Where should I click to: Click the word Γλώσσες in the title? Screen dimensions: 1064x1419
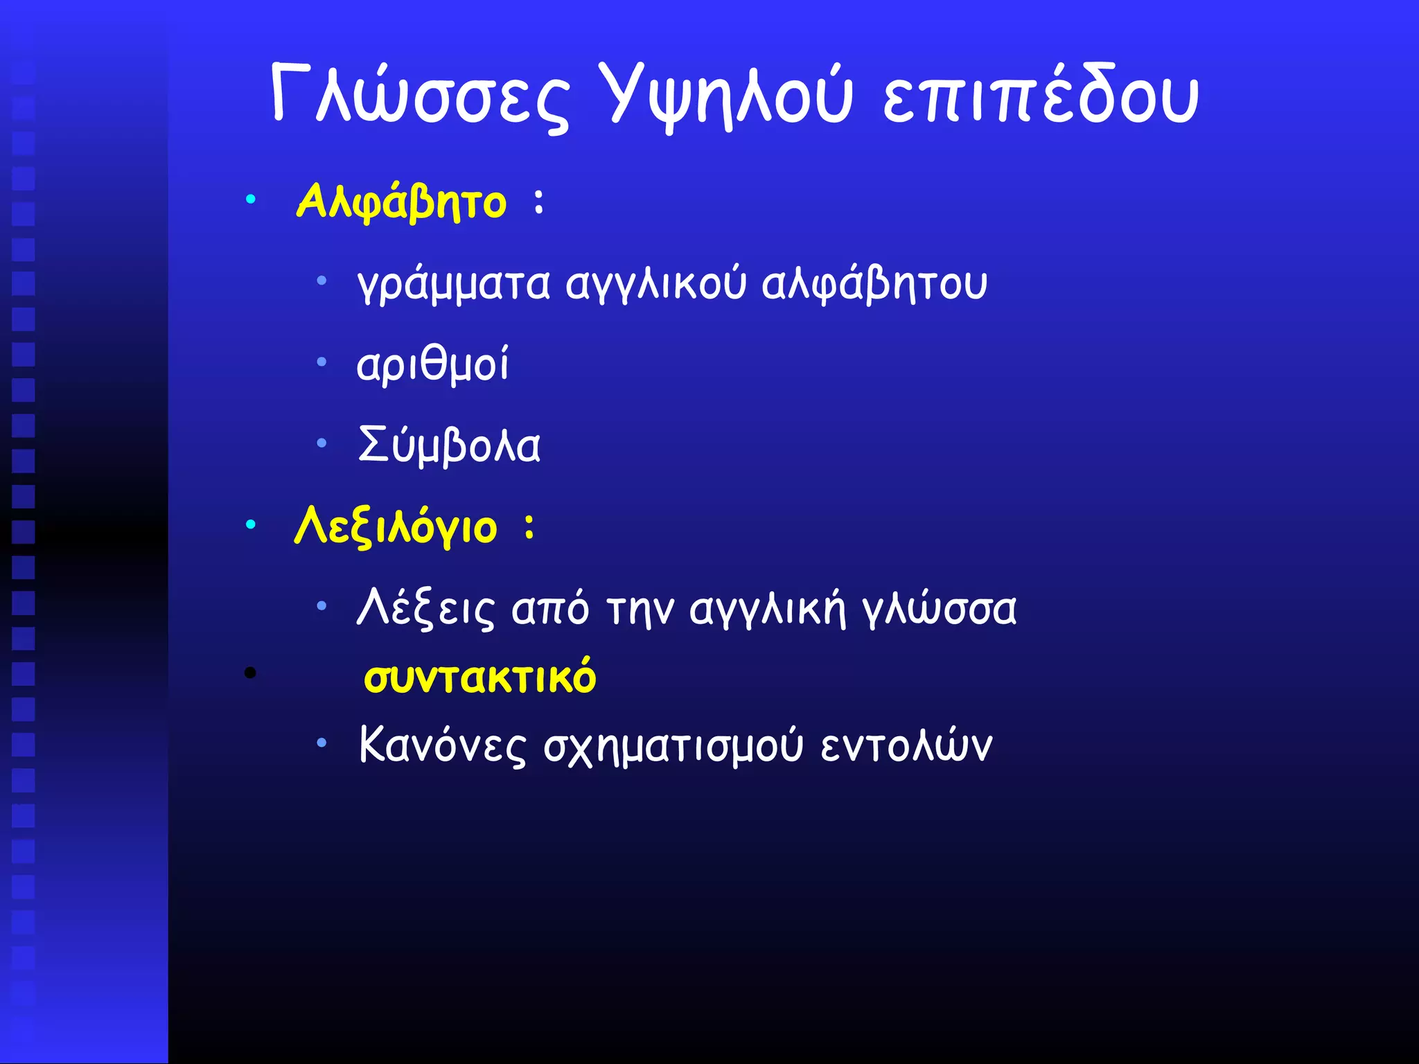[x=420, y=96]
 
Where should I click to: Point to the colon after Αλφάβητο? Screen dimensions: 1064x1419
[x=539, y=202]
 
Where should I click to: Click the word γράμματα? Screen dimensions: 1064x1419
[x=454, y=284]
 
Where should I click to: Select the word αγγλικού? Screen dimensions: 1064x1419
[x=656, y=284]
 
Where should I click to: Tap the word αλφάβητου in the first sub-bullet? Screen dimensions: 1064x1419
[x=874, y=284]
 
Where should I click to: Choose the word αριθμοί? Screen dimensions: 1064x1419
[x=432, y=364]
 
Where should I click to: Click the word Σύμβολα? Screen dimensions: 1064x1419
[x=449, y=445]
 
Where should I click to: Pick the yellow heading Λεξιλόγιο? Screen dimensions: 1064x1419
[x=396, y=527]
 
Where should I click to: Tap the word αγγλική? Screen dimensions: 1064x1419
[x=768, y=609]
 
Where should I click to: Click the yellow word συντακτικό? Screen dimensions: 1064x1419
[x=479, y=677]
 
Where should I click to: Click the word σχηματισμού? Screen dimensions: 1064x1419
[x=673, y=747]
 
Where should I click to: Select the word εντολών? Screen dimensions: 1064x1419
[x=906, y=747]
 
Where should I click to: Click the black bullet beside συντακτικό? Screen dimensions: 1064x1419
[x=251, y=673]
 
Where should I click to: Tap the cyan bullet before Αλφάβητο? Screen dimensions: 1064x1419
[x=251, y=201]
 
